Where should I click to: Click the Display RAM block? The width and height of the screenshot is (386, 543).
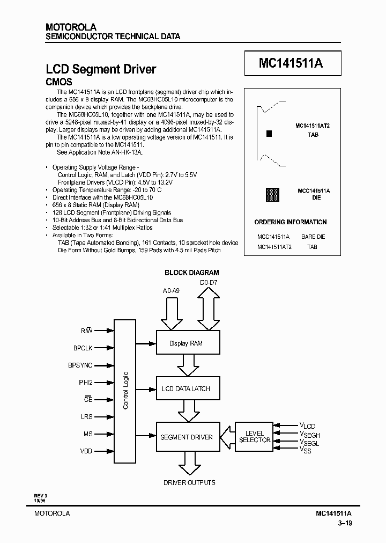(x=186, y=343)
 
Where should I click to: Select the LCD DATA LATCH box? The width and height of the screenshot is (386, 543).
(x=186, y=388)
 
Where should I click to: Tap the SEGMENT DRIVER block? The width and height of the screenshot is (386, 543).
(x=186, y=437)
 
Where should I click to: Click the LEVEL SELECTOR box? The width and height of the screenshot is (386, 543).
(x=254, y=436)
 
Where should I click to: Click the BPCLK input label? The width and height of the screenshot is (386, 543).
(x=83, y=348)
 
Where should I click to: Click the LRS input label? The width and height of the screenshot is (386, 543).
(x=86, y=416)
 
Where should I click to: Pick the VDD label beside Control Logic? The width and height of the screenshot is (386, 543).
(x=86, y=451)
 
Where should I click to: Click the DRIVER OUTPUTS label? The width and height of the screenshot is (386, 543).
(x=189, y=482)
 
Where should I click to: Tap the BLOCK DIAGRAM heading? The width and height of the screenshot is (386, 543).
(x=191, y=273)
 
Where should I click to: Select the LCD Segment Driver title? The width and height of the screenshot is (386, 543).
(x=101, y=69)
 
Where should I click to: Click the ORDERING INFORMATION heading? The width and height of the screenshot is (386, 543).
(x=290, y=222)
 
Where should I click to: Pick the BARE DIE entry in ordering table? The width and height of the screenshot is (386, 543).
(x=313, y=237)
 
